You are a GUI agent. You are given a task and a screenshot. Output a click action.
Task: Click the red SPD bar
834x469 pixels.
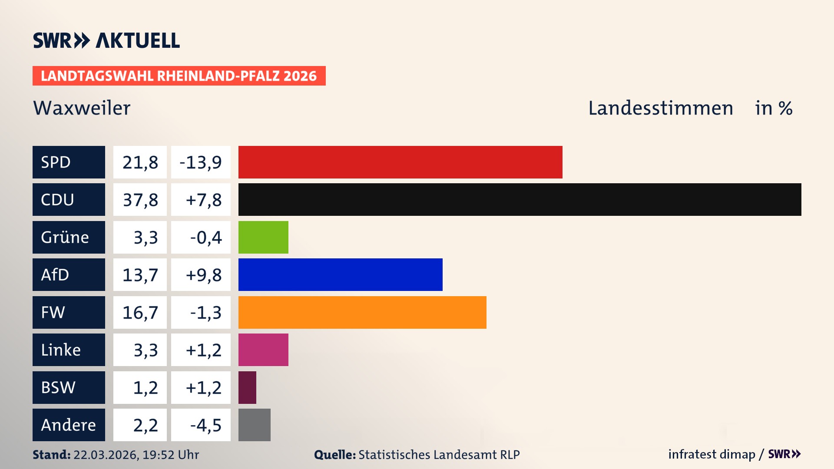(400, 162)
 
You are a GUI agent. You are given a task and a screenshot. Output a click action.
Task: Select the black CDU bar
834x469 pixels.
(520, 200)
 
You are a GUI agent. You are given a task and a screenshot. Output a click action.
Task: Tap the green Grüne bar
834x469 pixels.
(263, 237)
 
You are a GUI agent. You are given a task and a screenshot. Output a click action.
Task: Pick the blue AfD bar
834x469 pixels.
(340, 274)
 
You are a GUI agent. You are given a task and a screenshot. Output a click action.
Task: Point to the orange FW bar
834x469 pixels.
(362, 312)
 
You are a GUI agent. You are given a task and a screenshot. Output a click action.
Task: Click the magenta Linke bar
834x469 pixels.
(263, 350)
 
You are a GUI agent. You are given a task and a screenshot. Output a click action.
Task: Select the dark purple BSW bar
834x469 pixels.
(247, 387)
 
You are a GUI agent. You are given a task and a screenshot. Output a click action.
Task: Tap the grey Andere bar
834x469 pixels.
(254, 425)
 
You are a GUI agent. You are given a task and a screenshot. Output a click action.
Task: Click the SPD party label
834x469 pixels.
(69, 162)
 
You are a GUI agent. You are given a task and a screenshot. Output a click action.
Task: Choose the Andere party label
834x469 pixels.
(69, 425)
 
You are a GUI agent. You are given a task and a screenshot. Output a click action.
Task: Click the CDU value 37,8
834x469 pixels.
(140, 200)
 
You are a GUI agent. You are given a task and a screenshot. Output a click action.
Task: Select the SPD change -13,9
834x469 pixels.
(201, 162)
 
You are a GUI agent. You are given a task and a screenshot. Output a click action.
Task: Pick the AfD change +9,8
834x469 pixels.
(201, 274)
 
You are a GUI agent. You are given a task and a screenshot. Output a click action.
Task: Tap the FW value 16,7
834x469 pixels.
(140, 312)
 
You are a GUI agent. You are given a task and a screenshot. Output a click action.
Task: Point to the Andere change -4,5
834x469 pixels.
(201, 425)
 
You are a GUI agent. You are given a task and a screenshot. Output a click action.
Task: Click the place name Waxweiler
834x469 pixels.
(82, 108)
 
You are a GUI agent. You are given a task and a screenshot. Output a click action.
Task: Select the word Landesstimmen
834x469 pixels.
(660, 108)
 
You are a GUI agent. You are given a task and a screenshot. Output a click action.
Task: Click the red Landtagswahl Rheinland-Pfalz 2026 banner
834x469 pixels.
(179, 76)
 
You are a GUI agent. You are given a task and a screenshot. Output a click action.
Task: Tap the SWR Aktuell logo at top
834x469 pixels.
(106, 40)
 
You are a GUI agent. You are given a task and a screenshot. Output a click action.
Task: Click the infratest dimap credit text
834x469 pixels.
(711, 454)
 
